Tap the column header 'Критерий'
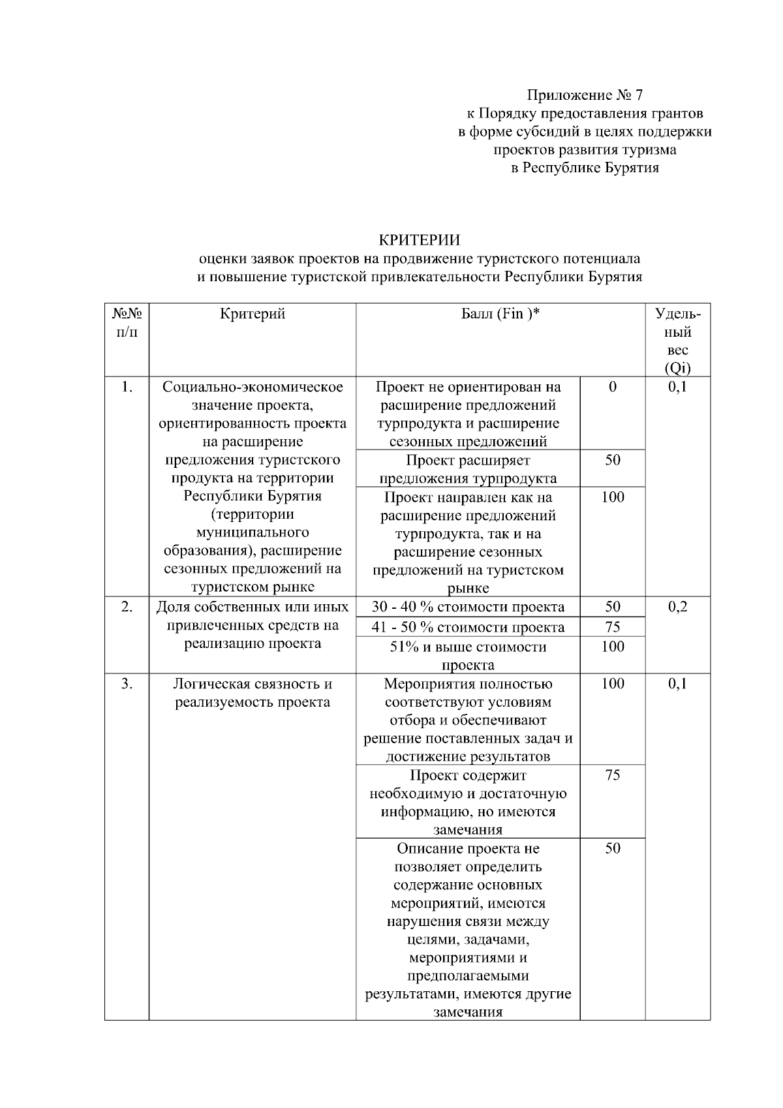point(253,314)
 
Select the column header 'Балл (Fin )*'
point(500,314)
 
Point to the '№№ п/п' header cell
point(127,323)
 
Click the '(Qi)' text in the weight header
point(678,368)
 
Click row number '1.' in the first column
point(127,387)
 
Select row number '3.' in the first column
point(127,684)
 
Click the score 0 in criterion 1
point(612,387)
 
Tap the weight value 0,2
point(678,607)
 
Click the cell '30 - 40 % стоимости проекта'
point(468,607)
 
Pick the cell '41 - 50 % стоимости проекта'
point(468,627)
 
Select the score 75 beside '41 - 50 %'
point(612,627)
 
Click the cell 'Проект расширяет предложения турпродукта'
point(468,469)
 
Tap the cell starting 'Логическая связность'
point(253,693)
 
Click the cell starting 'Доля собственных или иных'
point(253,625)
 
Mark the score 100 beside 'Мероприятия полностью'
point(612,684)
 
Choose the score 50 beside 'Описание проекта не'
point(612,848)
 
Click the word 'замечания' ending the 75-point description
point(468,830)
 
